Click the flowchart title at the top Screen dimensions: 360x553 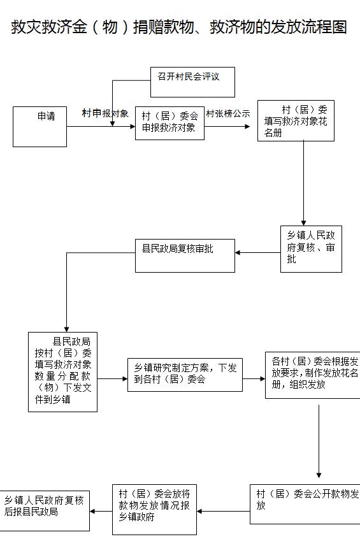pyautogui.click(x=179, y=27)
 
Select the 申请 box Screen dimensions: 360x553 pyautogui.click(x=40, y=127)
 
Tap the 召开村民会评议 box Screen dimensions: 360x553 pyautogui.click(x=192, y=82)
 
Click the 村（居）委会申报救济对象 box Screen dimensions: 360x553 pyautogui.click(x=169, y=123)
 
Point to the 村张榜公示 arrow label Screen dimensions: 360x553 pyautogui.click(x=227, y=113)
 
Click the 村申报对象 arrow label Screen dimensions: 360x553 pyautogui.click(x=105, y=113)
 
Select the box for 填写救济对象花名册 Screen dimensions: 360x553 pyautogui.click(x=296, y=120)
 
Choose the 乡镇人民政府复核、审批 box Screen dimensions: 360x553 pyautogui.click(x=311, y=249)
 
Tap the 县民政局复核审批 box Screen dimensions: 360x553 pyautogui.click(x=185, y=255)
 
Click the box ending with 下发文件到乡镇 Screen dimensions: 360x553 pyautogui.click(x=63, y=371)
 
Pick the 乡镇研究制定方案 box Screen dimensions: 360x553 pyautogui.click(x=185, y=375)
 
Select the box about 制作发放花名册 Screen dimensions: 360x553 pyautogui.click(x=313, y=375)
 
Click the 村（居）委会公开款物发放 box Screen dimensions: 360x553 pyautogui.click(x=305, y=504)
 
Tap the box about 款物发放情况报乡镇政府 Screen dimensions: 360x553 pyautogui.click(x=154, y=509)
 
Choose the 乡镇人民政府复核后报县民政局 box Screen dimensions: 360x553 pyautogui.click(x=44, y=511)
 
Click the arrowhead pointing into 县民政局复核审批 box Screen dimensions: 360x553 pyautogui.click(x=238, y=252)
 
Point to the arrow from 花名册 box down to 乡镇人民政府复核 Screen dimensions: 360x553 pyautogui.click(x=303, y=183)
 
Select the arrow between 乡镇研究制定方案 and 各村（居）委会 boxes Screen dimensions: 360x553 pyautogui.click(x=254, y=379)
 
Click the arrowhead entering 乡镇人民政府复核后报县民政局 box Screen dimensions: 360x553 pyautogui.click(x=92, y=512)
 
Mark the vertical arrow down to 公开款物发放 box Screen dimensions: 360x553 pyautogui.click(x=319, y=442)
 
